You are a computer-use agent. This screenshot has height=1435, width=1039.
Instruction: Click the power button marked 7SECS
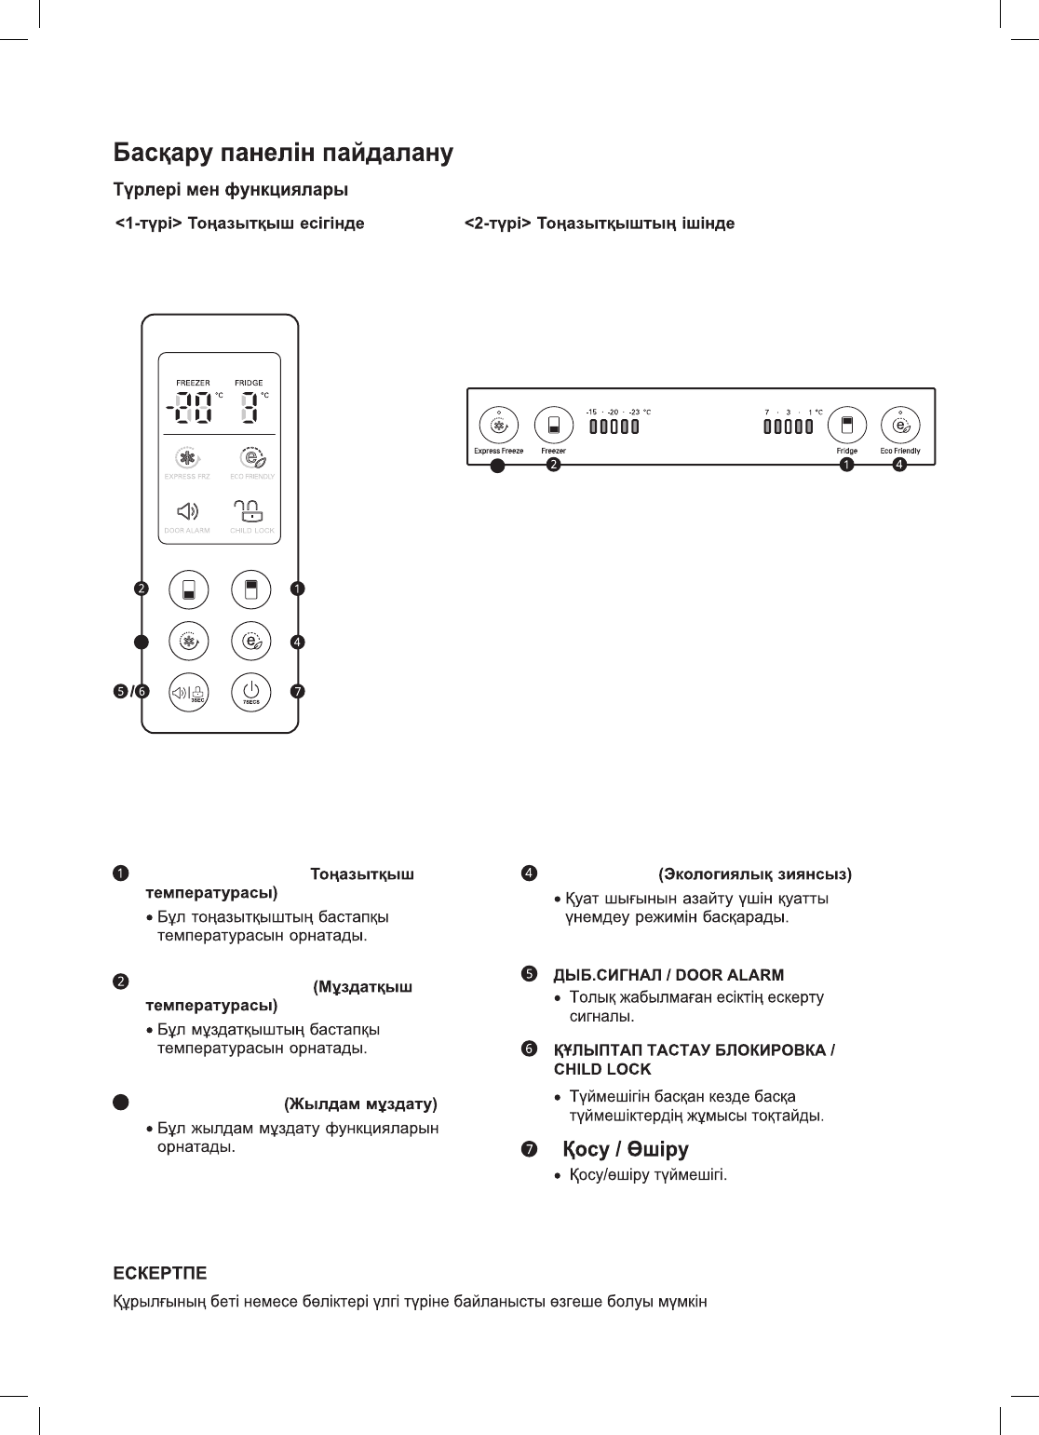pyautogui.click(x=251, y=692)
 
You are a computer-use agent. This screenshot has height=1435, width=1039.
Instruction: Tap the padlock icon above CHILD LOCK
pyautogui.click(x=249, y=510)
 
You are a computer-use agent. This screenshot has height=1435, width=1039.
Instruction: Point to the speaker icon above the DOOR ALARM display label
pyautogui.click(x=187, y=511)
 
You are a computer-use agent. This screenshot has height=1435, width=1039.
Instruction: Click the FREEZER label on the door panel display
pyautogui.click(x=194, y=383)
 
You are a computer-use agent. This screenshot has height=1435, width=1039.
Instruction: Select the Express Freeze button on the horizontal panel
pyautogui.click(x=499, y=426)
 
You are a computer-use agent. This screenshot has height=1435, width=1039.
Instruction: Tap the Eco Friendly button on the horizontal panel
pyautogui.click(x=900, y=426)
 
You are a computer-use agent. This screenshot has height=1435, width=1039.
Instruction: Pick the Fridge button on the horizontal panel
pyautogui.click(x=847, y=426)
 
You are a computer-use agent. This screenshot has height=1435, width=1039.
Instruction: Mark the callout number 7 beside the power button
pyautogui.click(x=297, y=692)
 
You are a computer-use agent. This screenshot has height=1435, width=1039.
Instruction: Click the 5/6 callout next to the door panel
pyautogui.click(x=130, y=692)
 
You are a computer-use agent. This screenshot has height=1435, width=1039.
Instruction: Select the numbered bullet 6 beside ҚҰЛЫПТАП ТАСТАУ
pyautogui.click(x=529, y=1049)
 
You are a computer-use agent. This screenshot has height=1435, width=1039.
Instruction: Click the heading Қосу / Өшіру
pyautogui.click(x=626, y=1149)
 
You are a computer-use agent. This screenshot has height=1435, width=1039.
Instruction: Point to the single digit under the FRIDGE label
pyautogui.click(x=249, y=407)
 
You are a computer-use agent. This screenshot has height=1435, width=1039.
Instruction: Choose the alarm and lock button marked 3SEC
pyautogui.click(x=188, y=692)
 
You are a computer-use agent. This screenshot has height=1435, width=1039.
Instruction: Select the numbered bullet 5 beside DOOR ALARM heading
pyautogui.click(x=529, y=974)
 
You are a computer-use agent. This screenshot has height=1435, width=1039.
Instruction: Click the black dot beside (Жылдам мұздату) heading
pyautogui.click(x=120, y=1103)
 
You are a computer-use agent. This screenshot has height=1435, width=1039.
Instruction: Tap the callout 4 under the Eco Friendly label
pyautogui.click(x=899, y=465)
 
